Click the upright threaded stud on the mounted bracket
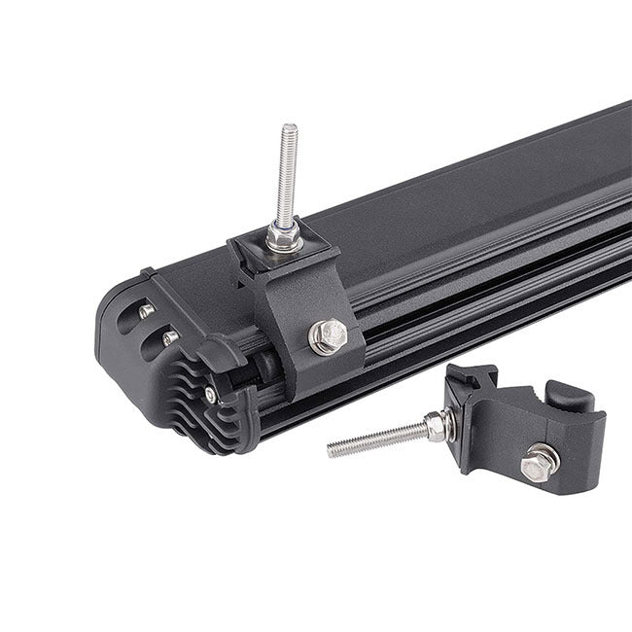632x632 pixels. (288, 180)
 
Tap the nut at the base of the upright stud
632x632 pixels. (284, 235)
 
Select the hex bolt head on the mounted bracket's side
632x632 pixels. (329, 335)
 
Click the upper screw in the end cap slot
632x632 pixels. (146, 310)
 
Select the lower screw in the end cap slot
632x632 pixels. (170, 337)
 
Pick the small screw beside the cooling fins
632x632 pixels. (210, 393)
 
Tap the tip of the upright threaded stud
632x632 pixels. (289, 129)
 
